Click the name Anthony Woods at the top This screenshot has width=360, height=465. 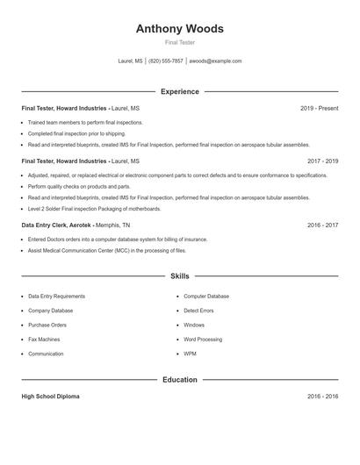tap(179, 28)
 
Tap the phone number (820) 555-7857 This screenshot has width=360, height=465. tap(166, 61)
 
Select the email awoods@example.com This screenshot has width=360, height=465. tap(215, 61)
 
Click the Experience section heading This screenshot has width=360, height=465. tap(179, 91)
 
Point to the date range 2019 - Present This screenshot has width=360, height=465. tap(319, 108)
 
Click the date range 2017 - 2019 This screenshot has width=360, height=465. tap(322, 161)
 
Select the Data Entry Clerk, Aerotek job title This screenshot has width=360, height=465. tap(57, 225)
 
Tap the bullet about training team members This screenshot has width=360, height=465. tap(85, 123)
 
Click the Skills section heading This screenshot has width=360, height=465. tap(179, 275)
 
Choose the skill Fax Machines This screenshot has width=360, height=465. tap(44, 339)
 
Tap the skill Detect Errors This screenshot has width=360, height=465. tap(198, 311)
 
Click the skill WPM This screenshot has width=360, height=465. tap(190, 354)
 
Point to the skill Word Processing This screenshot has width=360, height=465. tap(203, 339)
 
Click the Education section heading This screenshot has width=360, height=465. tap(179, 380)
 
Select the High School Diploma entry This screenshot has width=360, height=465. tap(50, 397)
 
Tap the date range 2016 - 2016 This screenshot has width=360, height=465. tap(322, 397)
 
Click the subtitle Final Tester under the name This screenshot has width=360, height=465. tap(179, 42)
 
